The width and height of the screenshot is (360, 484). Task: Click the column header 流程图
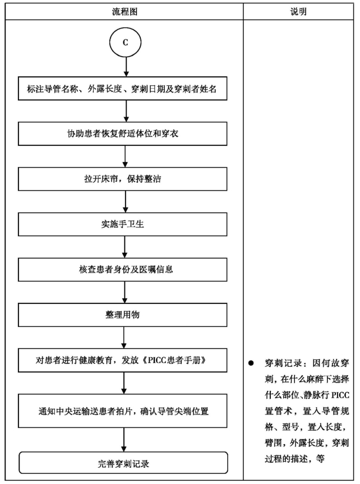[124, 12]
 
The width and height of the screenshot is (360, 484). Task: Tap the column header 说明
[298, 12]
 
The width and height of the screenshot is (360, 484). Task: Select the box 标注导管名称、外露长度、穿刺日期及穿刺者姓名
[123, 89]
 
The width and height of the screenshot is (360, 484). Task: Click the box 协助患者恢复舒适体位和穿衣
[123, 133]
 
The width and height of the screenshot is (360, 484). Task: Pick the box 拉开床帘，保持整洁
[123, 179]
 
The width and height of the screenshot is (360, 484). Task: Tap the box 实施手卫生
[123, 224]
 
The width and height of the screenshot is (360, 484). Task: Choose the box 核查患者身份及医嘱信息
[123, 269]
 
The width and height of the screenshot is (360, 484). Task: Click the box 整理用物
[123, 315]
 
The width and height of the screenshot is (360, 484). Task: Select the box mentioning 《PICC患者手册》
[123, 360]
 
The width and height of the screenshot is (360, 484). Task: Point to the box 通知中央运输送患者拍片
[123, 411]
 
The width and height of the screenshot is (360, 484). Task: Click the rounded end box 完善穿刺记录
[123, 463]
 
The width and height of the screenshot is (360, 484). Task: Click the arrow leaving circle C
[126, 67]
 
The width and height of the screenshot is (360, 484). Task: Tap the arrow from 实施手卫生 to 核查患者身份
[124, 247]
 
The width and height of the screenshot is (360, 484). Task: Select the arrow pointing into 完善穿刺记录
[124, 440]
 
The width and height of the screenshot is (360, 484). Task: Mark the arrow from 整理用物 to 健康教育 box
[124, 338]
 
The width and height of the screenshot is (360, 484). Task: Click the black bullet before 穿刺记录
[251, 363]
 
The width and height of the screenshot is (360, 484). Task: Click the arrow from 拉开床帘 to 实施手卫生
[125, 201]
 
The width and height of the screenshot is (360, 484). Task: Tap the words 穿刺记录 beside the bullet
[283, 363]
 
